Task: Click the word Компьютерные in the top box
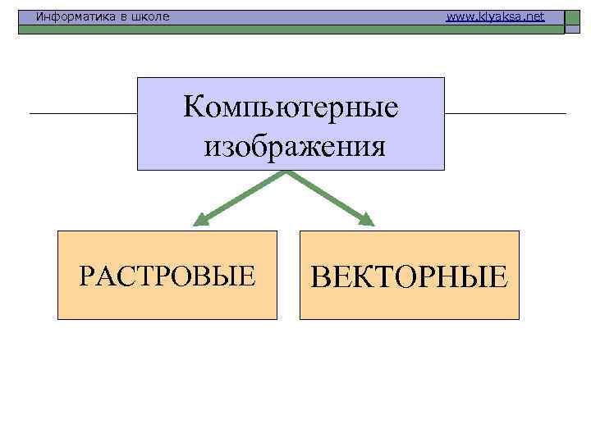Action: [291, 107]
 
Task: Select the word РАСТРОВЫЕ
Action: [167, 276]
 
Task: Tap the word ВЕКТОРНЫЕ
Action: [410, 277]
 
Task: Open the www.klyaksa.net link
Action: [495, 16]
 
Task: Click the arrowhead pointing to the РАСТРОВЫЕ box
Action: [199, 221]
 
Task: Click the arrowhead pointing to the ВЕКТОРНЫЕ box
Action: [366, 220]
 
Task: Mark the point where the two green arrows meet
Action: [287, 171]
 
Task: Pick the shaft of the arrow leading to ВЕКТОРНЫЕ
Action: [326, 194]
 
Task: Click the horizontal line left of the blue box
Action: [82, 112]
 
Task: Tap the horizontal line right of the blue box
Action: [505, 112]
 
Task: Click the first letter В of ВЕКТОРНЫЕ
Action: [323, 277]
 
